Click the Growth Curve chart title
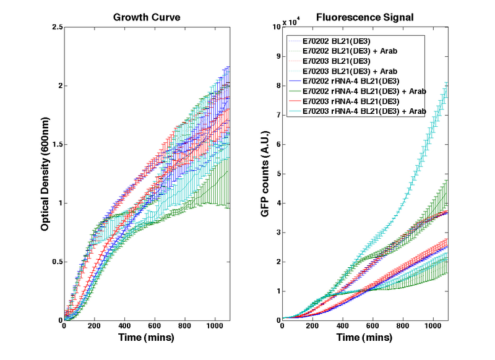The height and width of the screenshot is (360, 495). coord(147,17)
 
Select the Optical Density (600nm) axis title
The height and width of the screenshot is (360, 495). coord(45,174)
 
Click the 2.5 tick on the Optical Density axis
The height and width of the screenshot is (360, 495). coord(56,27)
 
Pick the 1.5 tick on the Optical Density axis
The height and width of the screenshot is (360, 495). coord(56,145)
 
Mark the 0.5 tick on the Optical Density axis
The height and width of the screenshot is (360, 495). coord(56,262)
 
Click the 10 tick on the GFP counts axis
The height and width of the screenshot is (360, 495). coord(277,27)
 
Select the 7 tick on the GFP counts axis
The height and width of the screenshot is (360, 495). coord(278,115)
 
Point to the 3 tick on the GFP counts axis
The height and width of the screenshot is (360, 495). coord(278,233)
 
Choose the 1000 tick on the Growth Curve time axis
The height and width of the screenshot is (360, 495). coord(214,327)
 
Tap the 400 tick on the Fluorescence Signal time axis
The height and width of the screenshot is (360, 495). coord(343,327)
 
